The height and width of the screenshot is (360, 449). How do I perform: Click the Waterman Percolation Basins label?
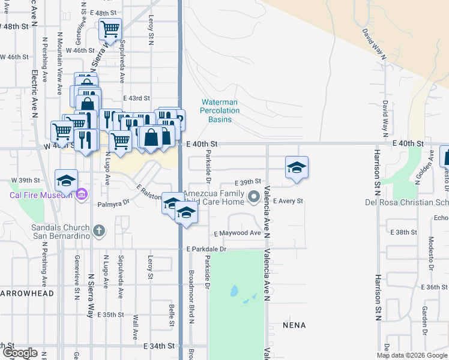coord(220,111)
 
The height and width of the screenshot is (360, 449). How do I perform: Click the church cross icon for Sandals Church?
coord(98,230)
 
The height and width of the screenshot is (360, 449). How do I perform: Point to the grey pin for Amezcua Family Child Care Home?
coord(254,196)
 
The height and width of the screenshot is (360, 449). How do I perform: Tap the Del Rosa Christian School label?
coord(406,202)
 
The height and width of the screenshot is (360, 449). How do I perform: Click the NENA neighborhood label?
coord(294,325)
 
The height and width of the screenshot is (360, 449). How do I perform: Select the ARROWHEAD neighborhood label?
coord(28,293)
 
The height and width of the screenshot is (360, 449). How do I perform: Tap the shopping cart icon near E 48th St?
coord(110,28)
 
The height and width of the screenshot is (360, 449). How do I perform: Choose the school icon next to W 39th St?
coord(66,179)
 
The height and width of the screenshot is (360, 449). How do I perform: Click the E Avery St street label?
coord(289,201)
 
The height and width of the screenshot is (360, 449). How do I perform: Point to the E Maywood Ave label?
coord(237,233)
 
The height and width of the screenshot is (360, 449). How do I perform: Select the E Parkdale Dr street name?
coord(206,248)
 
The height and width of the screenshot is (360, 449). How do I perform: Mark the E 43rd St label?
coord(136,98)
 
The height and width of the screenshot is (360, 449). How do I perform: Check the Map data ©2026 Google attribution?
coord(411,355)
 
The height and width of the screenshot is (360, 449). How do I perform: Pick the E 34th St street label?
coord(159,346)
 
